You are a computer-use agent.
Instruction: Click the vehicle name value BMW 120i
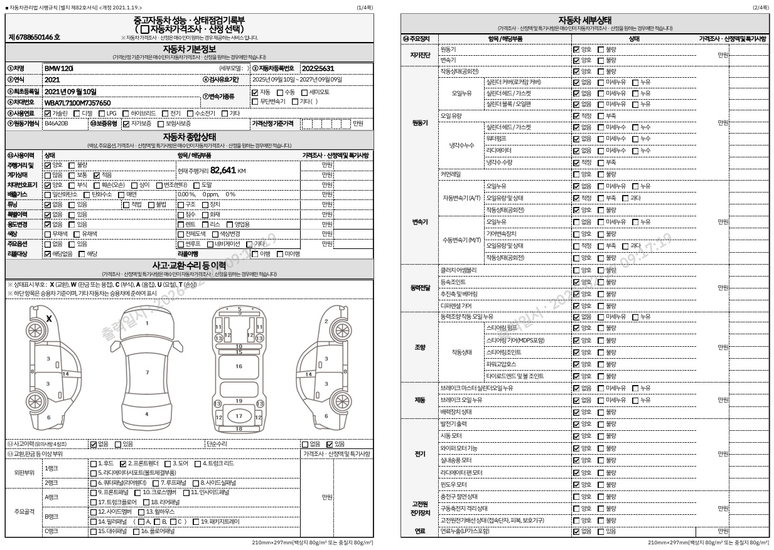(59, 68)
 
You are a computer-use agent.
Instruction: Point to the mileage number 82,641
(223, 170)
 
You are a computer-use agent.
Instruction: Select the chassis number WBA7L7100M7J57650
(77, 103)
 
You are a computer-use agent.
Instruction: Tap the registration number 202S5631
(318, 68)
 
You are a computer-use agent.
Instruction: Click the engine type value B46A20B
(56, 124)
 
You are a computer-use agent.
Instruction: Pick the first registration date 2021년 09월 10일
(70, 92)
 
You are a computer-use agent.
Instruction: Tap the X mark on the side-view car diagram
(49, 319)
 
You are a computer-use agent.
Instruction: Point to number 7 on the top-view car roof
(147, 373)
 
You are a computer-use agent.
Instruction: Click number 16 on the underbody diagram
(239, 366)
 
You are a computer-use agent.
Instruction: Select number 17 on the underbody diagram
(239, 415)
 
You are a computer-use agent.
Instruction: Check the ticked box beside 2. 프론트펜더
(122, 463)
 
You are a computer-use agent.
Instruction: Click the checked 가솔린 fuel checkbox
(48, 114)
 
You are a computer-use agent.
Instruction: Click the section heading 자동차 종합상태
(189, 136)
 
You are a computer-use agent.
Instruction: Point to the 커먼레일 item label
(451, 174)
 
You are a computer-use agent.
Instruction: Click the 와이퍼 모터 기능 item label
(459, 448)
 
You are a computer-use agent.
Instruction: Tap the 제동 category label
(420, 400)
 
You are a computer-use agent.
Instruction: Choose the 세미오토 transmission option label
(319, 92)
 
